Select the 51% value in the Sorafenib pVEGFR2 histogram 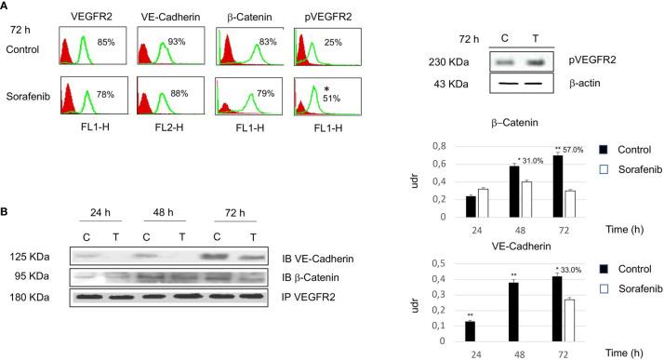click(333, 101)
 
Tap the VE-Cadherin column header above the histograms click(171, 16)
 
